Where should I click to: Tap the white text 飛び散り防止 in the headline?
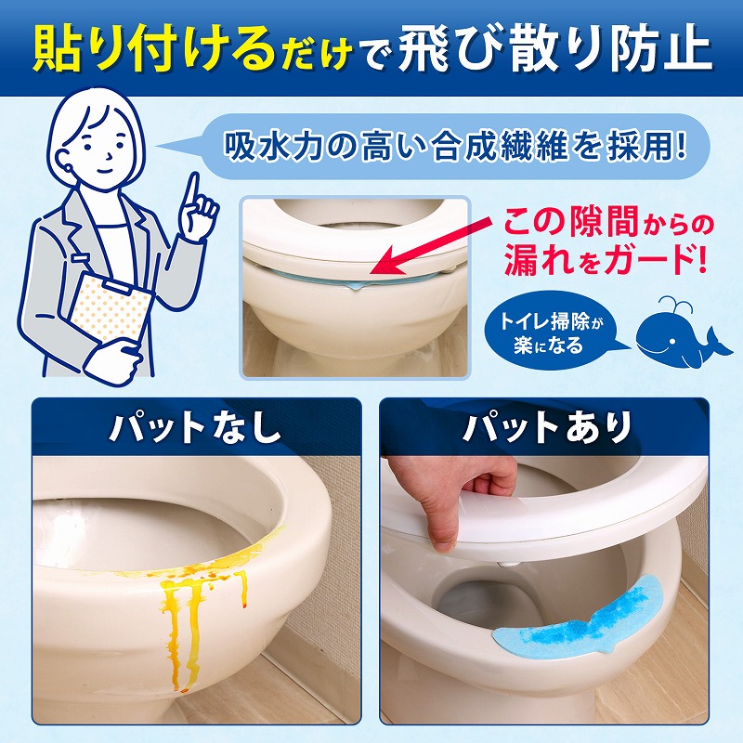[x=554, y=50]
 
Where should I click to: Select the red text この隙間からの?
[x=608, y=222]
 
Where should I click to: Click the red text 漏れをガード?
[x=606, y=260]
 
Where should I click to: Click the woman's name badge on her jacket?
[x=82, y=258]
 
